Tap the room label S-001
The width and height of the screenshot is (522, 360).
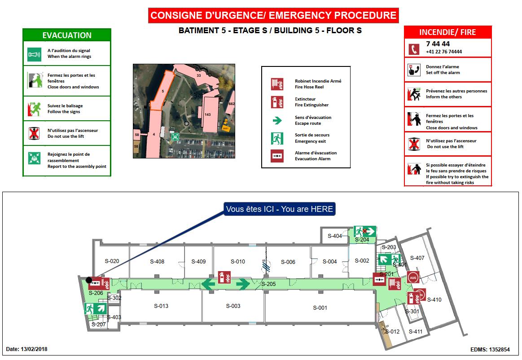click(320, 308)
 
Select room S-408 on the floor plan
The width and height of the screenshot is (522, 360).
click(157, 262)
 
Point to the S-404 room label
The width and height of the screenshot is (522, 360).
click(335, 236)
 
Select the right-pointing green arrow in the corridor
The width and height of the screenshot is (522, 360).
click(243, 284)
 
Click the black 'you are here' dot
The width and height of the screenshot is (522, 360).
click(89, 280)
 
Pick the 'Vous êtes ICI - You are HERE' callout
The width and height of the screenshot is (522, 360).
click(280, 209)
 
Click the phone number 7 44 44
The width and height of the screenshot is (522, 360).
click(438, 44)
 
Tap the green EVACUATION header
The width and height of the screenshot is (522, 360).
click(67, 35)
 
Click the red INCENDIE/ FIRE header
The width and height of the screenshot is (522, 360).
click(447, 32)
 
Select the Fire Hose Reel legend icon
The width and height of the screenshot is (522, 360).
click(277, 84)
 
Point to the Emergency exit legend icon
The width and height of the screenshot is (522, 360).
click(277, 138)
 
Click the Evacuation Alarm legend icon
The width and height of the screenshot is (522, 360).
click(277, 156)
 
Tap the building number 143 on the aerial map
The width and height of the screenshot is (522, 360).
click(207, 114)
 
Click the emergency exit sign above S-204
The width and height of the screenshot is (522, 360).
click(364, 232)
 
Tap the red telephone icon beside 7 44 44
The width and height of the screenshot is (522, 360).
click(414, 48)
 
